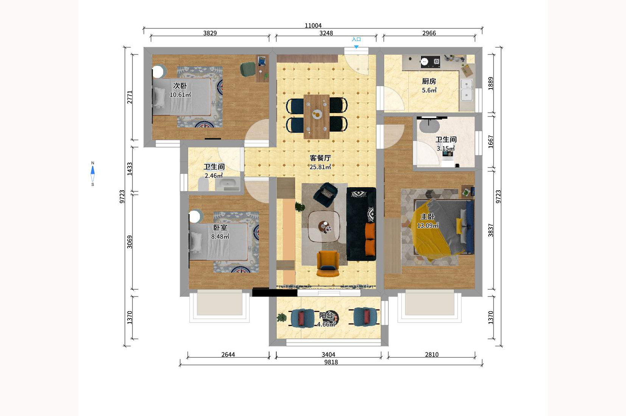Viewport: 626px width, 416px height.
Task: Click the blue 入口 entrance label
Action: pyautogui.click(x=356, y=39)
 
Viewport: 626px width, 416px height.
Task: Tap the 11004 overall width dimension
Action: pyautogui.click(x=313, y=25)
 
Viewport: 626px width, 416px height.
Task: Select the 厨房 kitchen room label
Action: pyautogui.click(x=429, y=81)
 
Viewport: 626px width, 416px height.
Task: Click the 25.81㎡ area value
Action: pyautogui.click(x=320, y=167)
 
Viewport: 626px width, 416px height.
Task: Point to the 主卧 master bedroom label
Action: pyautogui.click(x=428, y=217)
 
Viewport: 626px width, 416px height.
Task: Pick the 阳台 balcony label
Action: pyautogui.click(x=326, y=315)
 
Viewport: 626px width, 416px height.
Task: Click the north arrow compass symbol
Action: pyautogui.click(x=93, y=174)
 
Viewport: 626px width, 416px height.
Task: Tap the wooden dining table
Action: pyautogui.click(x=317, y=117)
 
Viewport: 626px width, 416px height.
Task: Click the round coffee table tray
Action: pyautogui.click(x=325, y=227)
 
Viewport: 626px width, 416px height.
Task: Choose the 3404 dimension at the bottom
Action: pyautogui.click(x=329, y=355)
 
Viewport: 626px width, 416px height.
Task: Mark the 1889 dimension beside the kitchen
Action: pyautogui.click(x=491, y=84)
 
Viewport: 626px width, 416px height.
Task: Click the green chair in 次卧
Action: pyautogui.click(x=248, y=69)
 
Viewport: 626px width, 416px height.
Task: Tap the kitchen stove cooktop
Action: pyautogui.click(x=430, y=62)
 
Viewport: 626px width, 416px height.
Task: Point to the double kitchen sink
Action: pyautogui.click(x=466, y=90)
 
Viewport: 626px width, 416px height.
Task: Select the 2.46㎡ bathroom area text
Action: pyautogui.click(x=214, y=175)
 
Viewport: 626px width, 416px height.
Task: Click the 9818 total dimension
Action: pyautogui.click(x=331, y=362)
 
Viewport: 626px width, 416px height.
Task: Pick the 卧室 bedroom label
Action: pyautogui.click(x=220, y=228)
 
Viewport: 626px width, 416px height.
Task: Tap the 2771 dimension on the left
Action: pyautogui.click(x=130, y=97)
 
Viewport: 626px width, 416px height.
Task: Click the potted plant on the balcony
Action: pyautogui.click(x=282, y=317)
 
